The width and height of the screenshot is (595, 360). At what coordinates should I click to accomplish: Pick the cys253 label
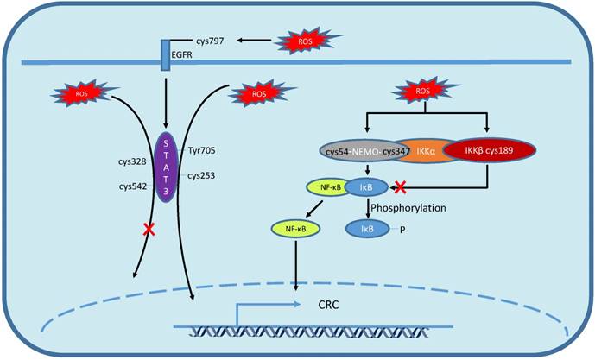[202, 175]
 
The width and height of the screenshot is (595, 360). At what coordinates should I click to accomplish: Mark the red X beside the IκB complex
[400, 186]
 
